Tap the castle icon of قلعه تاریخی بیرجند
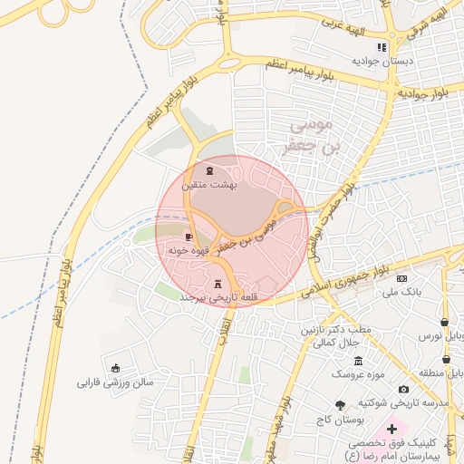coord(217,283)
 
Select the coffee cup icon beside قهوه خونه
coord(188,237)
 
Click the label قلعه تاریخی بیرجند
coord(220,297)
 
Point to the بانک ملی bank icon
coord(402,278)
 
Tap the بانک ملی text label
coord(402,292)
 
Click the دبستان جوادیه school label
coord(384,61)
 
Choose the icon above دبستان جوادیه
coord(383,47)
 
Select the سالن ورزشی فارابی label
coord(116,382)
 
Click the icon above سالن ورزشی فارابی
coord(115,367)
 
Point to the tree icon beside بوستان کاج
coord(340,405)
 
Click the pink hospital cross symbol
coord(391,428)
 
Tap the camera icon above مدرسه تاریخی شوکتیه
coord(404,389)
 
